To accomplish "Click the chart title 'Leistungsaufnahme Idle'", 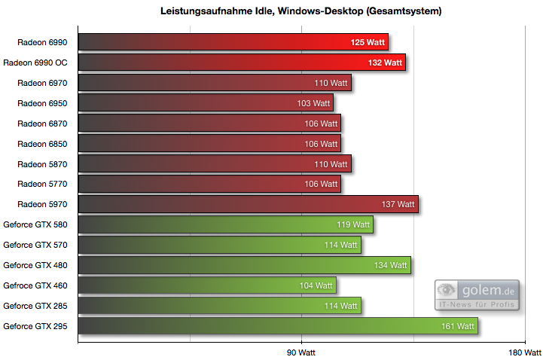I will [x=300, y=11].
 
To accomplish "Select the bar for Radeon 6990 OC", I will [x=241, y=63].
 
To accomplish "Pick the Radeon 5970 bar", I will [x=248, y=204].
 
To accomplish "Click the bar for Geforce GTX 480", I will [x=244, y=265].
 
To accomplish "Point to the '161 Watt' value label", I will [x=458, y=326].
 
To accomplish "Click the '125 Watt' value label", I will [x=369, y=42].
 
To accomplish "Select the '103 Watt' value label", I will [x=313, y=103].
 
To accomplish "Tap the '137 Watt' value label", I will [x=398, y=204].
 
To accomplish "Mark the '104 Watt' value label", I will [x=316, y=285].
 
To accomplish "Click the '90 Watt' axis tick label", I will [x=301, y=352].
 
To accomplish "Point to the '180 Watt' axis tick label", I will [x=525, y=352].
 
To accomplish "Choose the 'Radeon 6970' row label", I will [x=42, y=83].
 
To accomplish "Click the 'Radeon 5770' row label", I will [x=42, y=184].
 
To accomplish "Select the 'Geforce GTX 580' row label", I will [x=35, y=224].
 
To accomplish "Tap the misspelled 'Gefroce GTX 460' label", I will [x=35, y=285].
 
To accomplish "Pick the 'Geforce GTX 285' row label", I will [x=35, y=306].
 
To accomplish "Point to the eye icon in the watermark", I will [x=447, y=290].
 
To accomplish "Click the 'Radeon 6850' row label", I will [x=42, y=144].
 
